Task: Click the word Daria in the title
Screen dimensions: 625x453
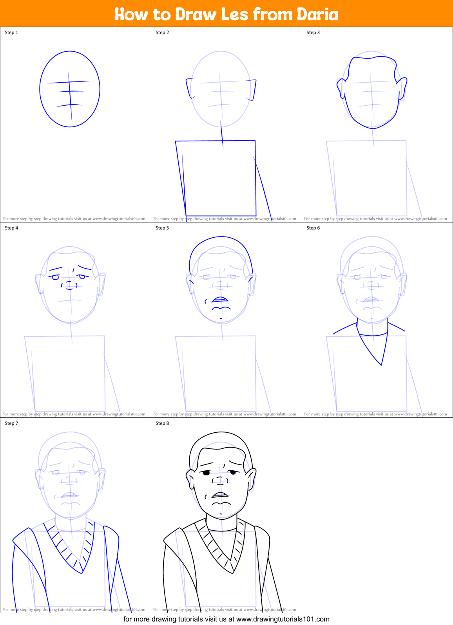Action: click(x=317, y=14)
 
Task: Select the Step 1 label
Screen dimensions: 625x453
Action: click(x=11, y=33)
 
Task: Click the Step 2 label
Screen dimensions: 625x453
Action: click(x=162, y=33)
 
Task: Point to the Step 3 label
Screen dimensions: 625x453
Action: click(x=313, y=33)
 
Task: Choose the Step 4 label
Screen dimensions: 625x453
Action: click(x=11, y=228)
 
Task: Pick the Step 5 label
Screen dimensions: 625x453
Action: click(x=162, y=228)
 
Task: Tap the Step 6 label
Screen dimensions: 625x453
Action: click(x=313, y=228)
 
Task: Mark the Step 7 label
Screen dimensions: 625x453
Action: click(x=11, y=423)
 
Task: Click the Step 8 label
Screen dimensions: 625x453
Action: click(x=162, y=423)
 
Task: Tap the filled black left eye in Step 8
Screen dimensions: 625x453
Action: click(x=206, y=473)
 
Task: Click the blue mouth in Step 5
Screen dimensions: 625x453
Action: click(x=220, y=300)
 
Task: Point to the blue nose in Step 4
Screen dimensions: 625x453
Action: click(x=69, y=285)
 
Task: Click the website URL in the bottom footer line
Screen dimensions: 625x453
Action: click(x=283, y=619)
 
